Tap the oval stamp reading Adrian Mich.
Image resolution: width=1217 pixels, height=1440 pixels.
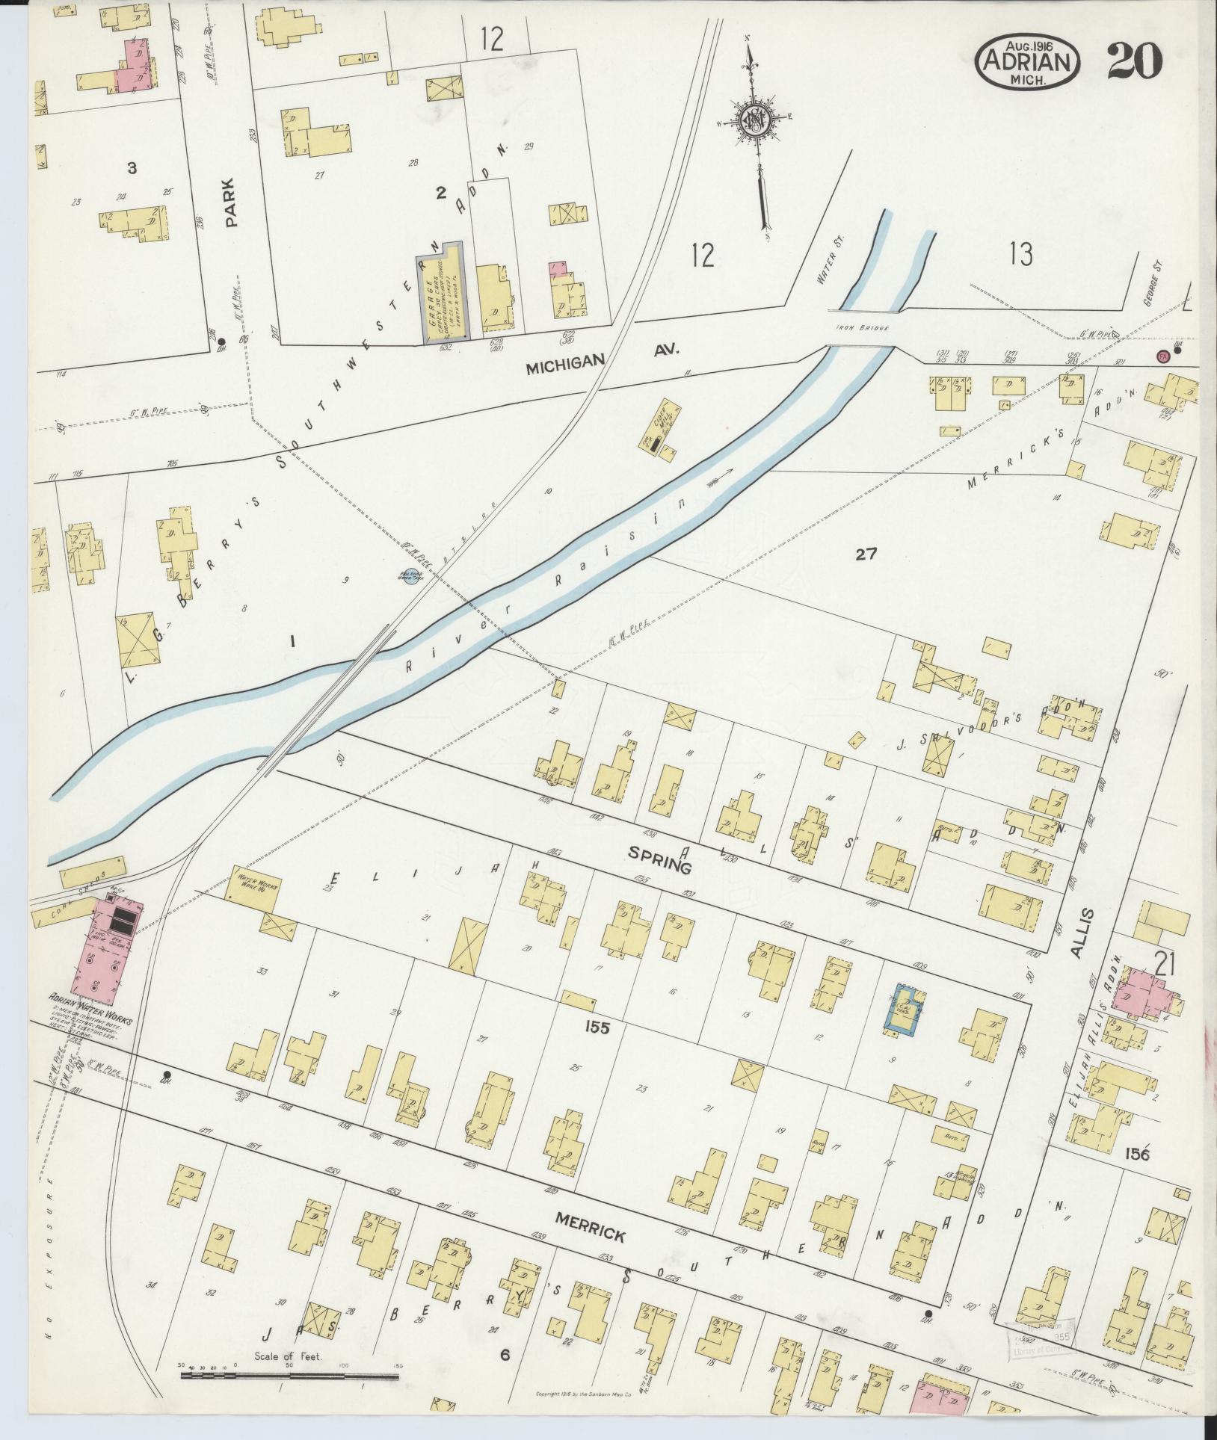1028,62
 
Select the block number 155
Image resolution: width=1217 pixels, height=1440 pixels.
598,1028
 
